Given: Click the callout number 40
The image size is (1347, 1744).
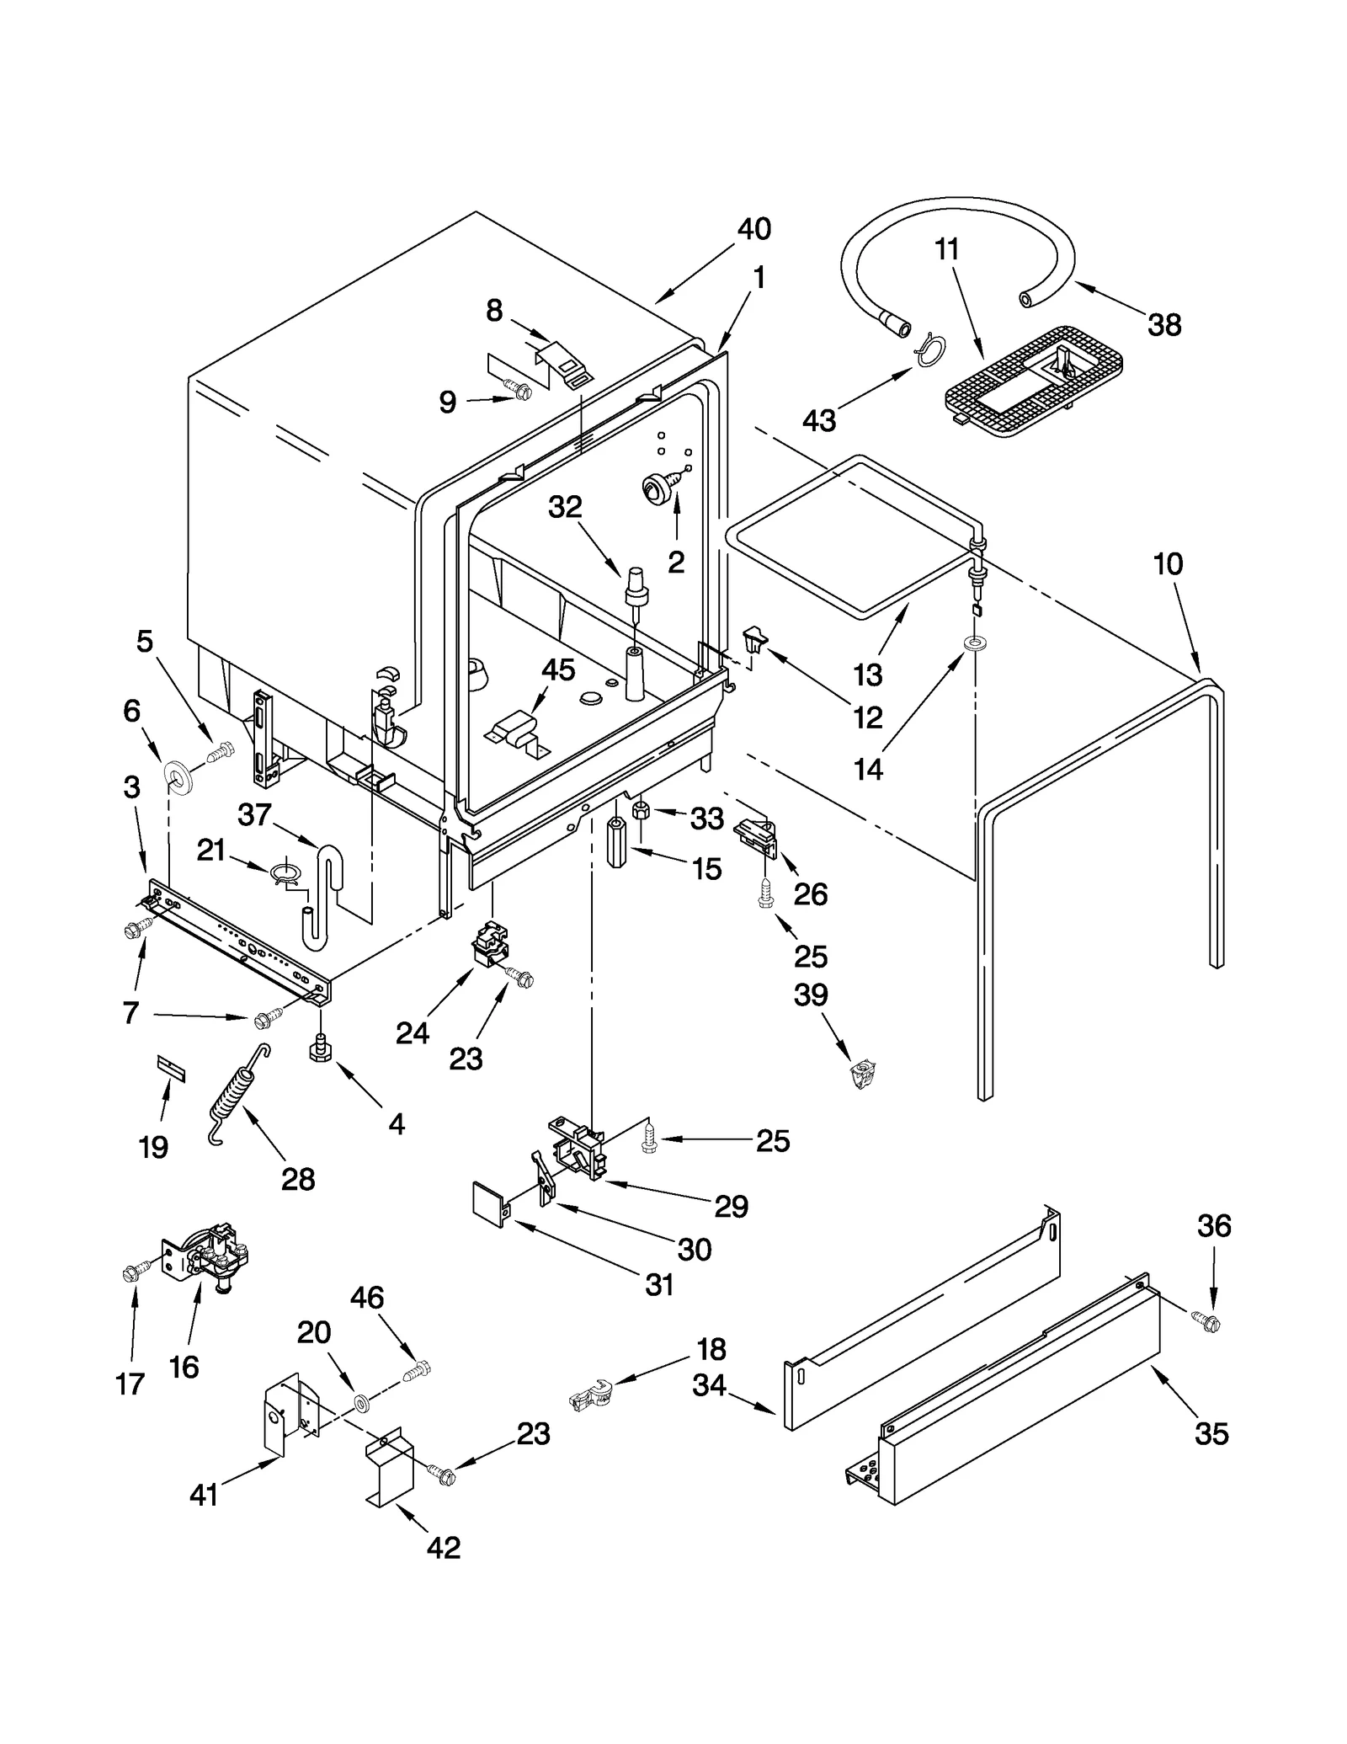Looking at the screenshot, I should point(753,229).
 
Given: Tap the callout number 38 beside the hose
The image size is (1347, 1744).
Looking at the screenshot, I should point(1164,324).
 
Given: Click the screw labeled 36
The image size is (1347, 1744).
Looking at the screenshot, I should point(1206,1322).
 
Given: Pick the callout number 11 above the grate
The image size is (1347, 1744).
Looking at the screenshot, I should point(947,249).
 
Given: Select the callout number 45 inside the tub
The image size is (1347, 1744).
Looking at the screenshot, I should point(557,669).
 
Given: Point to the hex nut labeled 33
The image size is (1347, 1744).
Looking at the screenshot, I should point(641,811).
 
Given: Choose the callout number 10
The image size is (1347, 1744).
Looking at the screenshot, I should point(1168,563).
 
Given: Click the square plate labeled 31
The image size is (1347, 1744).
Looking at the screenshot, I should point(492,1204).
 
